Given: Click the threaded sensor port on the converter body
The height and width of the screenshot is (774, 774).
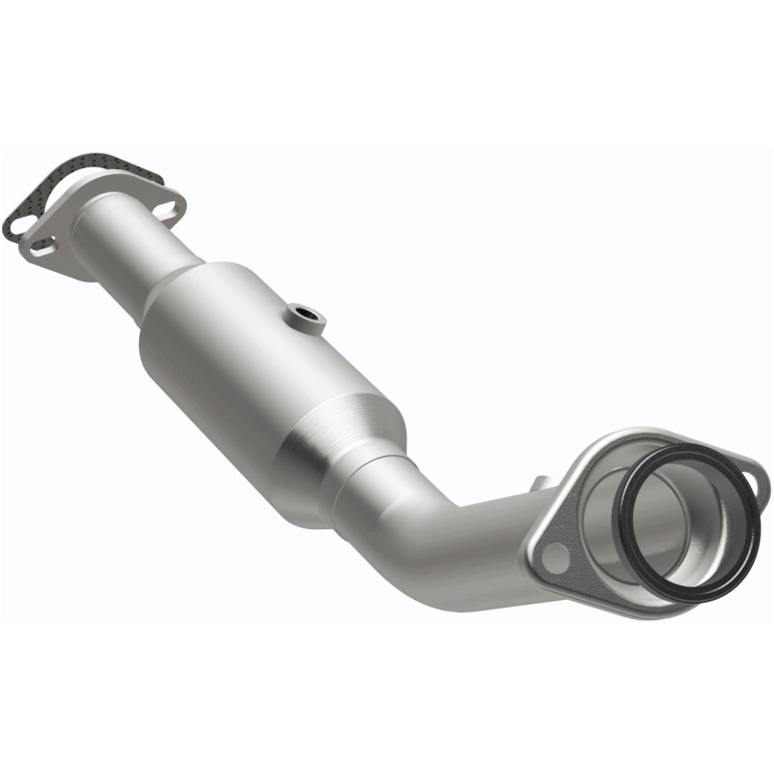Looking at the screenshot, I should [x=306, y=314].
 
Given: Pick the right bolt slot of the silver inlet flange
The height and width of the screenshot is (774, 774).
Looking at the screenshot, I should [x=166, y=206].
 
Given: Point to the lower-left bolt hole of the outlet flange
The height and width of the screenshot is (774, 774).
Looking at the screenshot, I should [x=552, y=556].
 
